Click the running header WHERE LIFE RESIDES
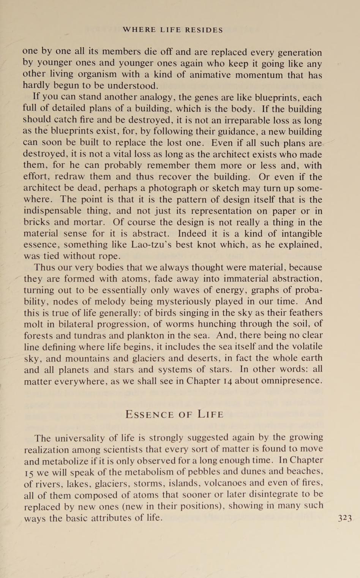coord(173,30)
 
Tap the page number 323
coord(345,518)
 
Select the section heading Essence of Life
coord(174,414)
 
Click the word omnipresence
coord(290,381)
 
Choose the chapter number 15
coord(29,472)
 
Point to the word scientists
coord(120,450)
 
